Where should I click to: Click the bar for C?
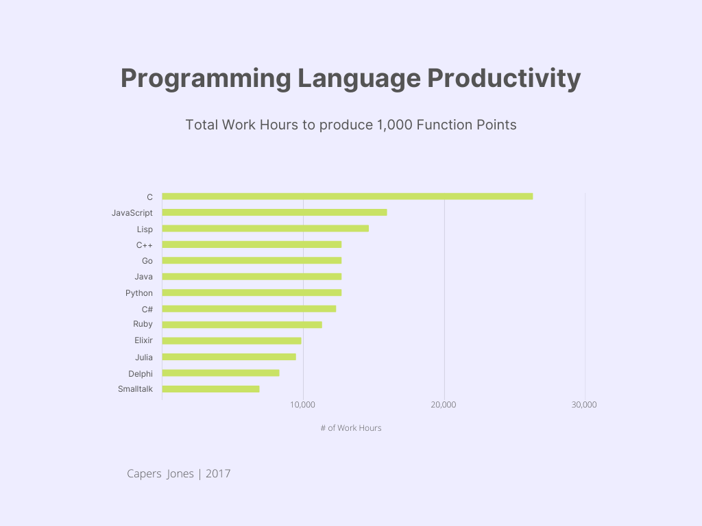(x=347, y=197)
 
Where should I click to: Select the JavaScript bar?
(x=274, y=212)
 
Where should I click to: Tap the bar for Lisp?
(x=265, y=229)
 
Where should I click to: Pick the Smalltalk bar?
(x=210, y=389)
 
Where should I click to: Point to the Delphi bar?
(x=221, y=373)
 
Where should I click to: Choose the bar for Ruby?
(x=242, y=325)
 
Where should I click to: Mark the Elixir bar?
(x=232, y=341)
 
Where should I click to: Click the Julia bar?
(x=229, y=357)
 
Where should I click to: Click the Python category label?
(x=139, y=293)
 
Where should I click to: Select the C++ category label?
(x=144, y=245)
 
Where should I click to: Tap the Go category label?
(x=147, y=261)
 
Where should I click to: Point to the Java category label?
(x=144, y=277)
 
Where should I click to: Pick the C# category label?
(x=147, y=309)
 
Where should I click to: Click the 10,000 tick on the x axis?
(x=303, y=405)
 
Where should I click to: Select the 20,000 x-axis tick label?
(x=444, y=405)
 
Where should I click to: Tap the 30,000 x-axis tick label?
(x=585, y=405)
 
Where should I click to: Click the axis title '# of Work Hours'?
(x=351, y=428)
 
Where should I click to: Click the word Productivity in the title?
(x=504, y=79)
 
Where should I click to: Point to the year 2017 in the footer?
(x=218, y=473)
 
